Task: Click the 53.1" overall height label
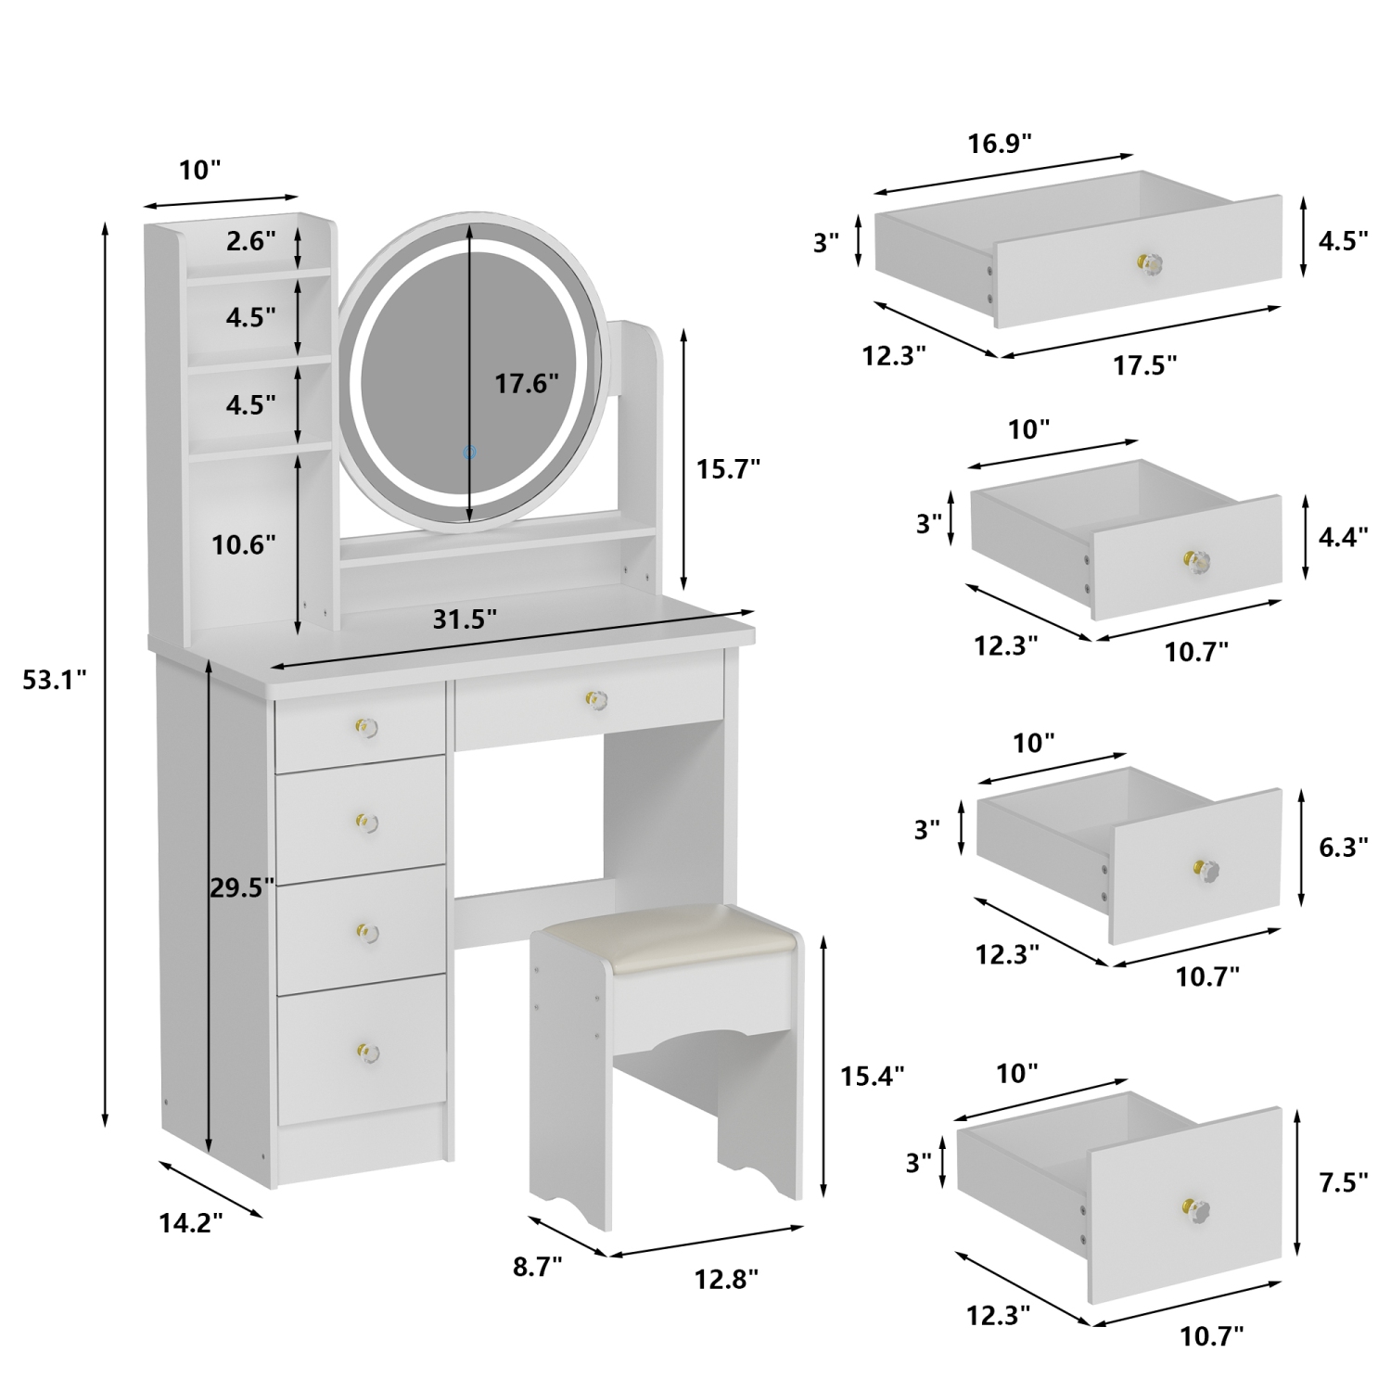[55, 680]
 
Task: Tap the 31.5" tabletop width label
[465, 619]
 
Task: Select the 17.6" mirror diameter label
[526, 383]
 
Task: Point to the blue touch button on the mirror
[469, 453]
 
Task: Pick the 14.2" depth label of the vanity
[191, 1223]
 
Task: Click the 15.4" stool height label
[872, 1075]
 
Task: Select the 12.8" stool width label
[726, 1279]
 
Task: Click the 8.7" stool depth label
[538, 1267]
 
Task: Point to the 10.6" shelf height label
[244, 544]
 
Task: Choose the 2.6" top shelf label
[250, 241]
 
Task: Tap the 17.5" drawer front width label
[1144, 364]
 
